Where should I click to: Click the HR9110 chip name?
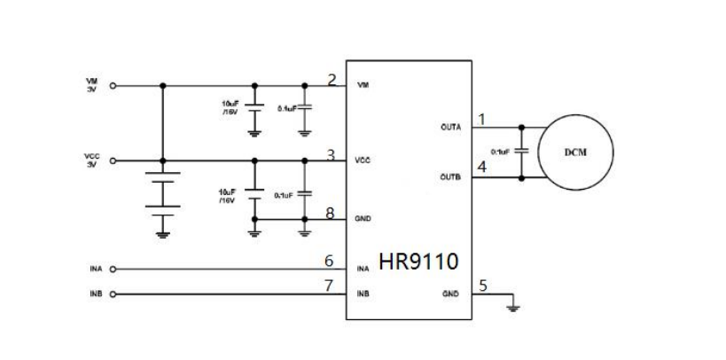tap(417, 262)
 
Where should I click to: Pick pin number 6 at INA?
tap(329, 262)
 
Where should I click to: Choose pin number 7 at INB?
tap(329, 286)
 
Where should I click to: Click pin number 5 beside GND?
tap(482, 286)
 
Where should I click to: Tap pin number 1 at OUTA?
tap(482, 119)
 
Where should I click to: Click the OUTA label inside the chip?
tap(450, 127)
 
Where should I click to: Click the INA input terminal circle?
tap(113, 269)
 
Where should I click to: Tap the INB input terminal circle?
tap(113, 293)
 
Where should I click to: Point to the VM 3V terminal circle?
tap(113, 86)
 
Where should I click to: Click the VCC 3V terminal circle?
tap(113, 160)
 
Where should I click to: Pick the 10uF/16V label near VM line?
tap(230, 106)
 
